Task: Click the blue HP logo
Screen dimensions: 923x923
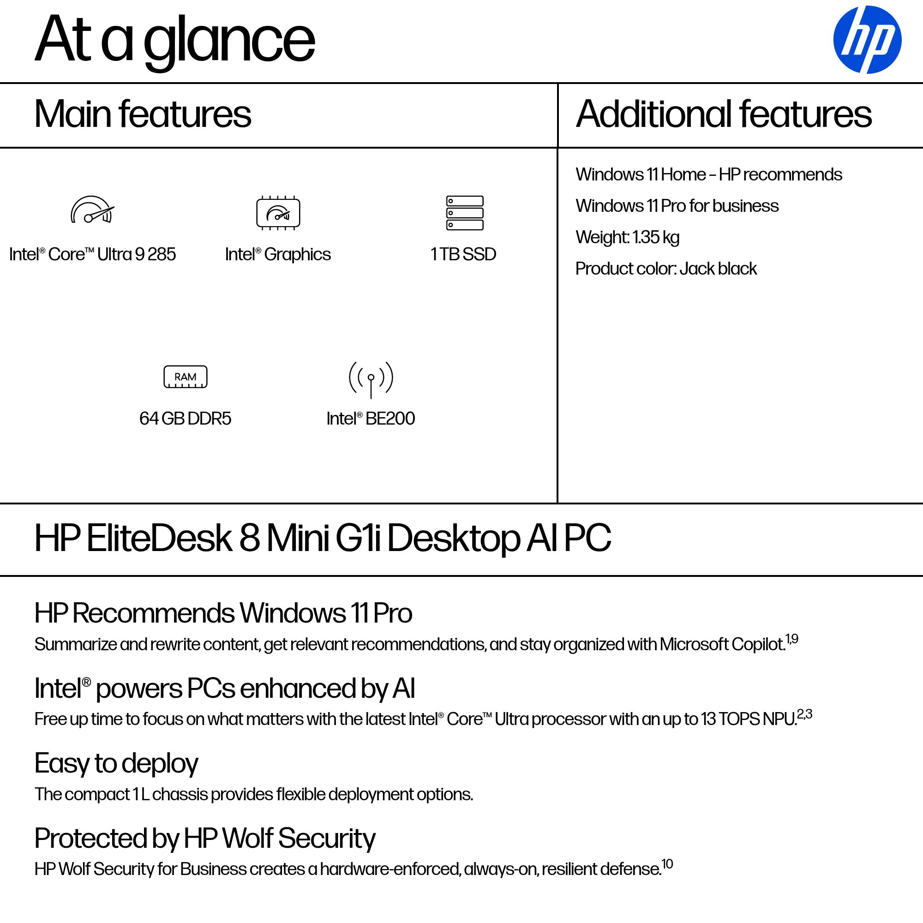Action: tap(867, 40)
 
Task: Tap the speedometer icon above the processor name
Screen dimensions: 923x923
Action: tap(93, 210)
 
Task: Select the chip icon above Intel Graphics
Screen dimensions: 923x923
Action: tap(278, 213)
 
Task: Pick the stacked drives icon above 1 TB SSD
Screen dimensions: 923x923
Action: tap(465, 213)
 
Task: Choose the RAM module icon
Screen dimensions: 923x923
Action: tap(186, 377)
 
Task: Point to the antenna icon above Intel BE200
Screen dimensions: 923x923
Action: tap(371, 379)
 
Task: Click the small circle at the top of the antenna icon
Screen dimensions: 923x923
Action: tap(371, 378)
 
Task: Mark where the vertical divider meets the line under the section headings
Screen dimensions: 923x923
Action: tap(557, 148)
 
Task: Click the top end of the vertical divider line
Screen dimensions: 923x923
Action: tap(557, 84)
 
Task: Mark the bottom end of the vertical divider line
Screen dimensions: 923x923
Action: tap(557, 503)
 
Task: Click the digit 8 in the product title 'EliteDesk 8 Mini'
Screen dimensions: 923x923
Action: tap(249, 538)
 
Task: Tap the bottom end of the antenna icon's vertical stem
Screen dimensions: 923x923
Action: tap(371, 398)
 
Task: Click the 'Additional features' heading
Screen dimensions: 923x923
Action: tap(724, 114)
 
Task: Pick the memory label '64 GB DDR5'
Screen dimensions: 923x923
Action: tap(186, 419)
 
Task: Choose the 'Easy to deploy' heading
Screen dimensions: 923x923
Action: tap(116, 764)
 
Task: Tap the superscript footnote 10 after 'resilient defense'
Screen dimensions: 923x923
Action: tap(667, 864)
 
